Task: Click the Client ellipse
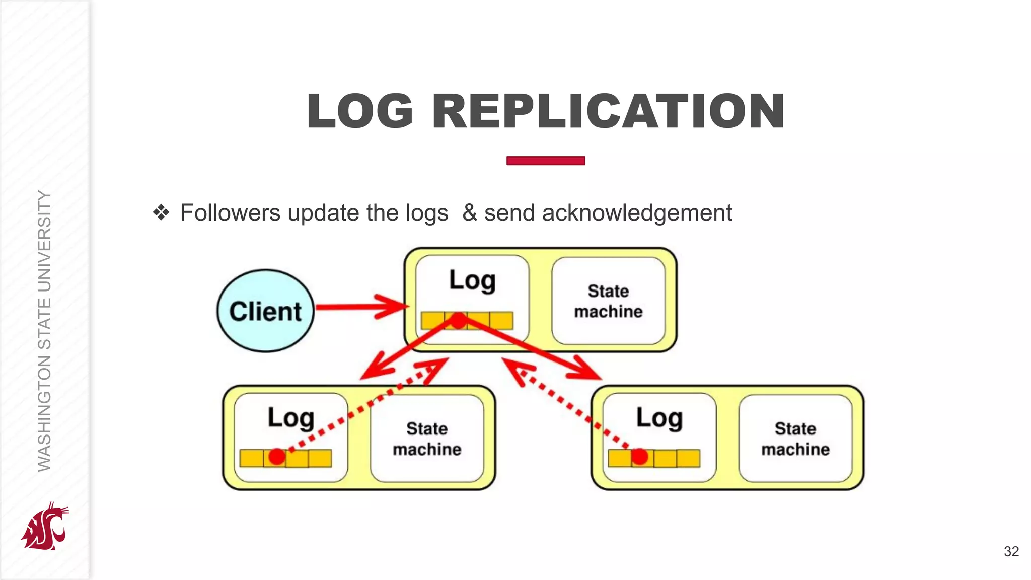[265, 311]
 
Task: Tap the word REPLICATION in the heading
[608, 112]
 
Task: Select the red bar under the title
[545, 161]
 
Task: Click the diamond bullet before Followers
[161, 212]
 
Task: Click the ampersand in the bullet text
[469, 212]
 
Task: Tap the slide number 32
[1011, 551]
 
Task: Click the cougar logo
[45, 526]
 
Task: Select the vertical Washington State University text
[44, 331]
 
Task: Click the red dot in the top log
[458, 320]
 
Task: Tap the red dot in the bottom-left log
[277, 457]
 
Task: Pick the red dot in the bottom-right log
[639, 457]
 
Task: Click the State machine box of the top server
[608, 301]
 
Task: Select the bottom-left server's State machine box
[427, 439]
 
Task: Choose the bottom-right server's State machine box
[795, 439]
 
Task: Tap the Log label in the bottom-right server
[659, 418]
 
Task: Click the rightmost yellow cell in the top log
[501, 320]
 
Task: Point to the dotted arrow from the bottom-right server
[564, 403]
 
